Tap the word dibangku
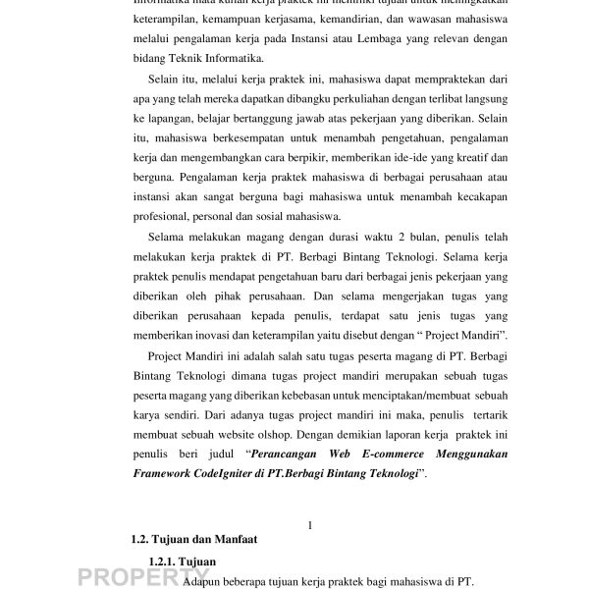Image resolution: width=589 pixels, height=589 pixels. [270, 100]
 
